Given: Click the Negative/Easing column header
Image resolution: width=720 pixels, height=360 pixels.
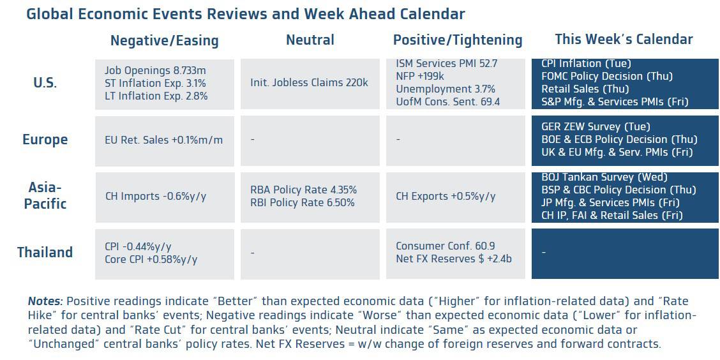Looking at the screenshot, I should [164, 41].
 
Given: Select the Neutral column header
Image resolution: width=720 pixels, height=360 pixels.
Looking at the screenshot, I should [310, 40].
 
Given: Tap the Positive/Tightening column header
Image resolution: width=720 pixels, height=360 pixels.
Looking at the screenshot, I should [458, 40].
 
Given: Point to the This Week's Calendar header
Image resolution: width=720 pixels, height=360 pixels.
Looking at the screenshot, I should [624, 39].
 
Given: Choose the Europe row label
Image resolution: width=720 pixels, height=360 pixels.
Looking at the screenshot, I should [45, 139].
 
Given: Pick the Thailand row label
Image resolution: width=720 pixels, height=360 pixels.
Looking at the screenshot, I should [45, 252].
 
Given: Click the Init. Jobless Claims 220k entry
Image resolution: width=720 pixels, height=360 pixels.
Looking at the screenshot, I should [309, 83].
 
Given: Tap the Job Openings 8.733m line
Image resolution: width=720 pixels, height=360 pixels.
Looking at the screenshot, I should [155, 70].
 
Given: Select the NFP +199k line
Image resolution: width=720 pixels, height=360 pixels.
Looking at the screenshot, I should [421, 77].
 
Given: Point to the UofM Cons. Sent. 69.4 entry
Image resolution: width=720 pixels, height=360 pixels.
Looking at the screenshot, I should [447, 102].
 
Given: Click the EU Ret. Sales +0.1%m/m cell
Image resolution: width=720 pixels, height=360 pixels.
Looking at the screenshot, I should [164, 140].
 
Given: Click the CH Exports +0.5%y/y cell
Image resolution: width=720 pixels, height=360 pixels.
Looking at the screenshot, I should [446, 196].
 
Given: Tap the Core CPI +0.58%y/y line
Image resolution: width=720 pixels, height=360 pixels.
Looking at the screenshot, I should [151, 259].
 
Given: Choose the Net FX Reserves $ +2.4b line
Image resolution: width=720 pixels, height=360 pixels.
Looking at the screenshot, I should [453, 259].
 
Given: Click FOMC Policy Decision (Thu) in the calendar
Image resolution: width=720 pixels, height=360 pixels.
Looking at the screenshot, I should [597, 76].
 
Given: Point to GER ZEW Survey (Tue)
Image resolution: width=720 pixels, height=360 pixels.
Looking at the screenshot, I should [587, 126].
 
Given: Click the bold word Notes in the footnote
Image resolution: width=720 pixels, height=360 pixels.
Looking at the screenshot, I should [45, 301].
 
